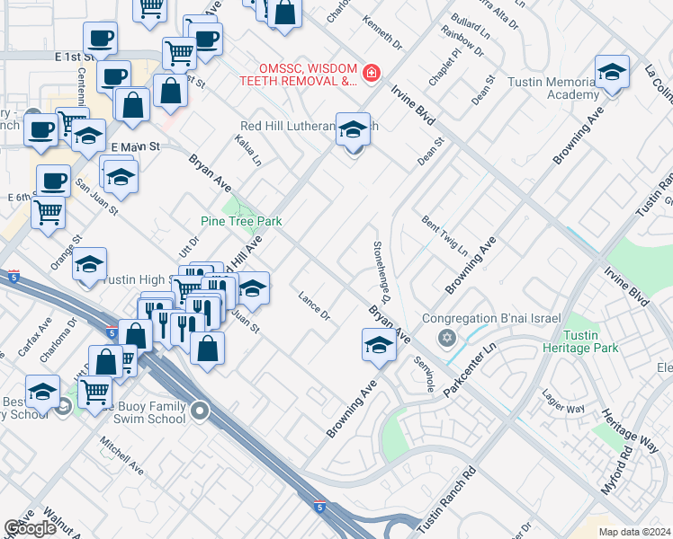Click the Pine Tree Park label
point(241,221)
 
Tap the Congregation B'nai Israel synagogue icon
point(445,338)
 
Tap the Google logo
point(30,528)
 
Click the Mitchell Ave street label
point(121,455)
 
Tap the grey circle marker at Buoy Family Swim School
point(200,412)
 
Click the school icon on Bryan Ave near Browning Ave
point(379,344)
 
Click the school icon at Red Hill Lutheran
point(354,128)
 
